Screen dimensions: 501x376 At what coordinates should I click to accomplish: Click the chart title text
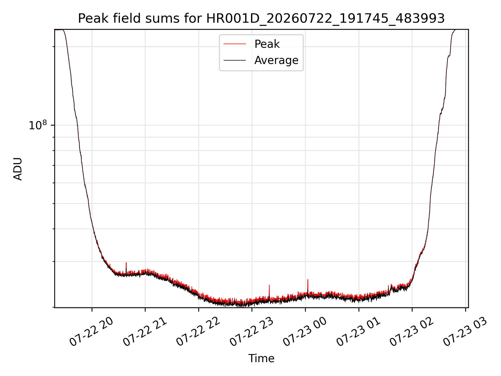(261, 19)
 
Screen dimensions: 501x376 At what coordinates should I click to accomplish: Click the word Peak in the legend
(267, 44)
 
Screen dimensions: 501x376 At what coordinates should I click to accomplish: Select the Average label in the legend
(276, 60)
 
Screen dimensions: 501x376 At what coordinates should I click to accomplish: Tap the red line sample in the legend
(235, 44)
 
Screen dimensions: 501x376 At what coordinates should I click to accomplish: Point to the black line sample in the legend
(235, 60)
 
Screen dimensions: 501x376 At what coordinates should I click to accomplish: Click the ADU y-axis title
(18, 169)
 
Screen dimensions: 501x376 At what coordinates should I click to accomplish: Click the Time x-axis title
(261, 359)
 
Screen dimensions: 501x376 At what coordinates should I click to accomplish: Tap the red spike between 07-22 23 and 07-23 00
(269, 291)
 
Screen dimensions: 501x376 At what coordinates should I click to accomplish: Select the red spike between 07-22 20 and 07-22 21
(126, 267)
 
